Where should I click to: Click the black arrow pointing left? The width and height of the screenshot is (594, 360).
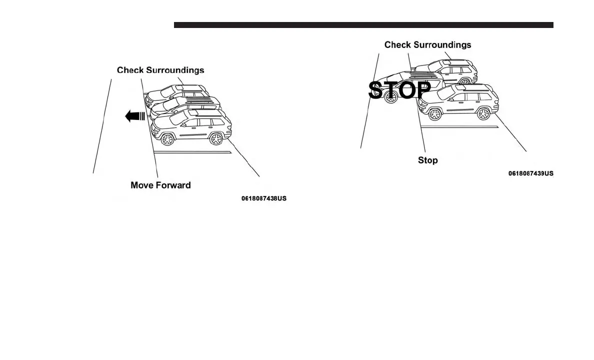coord(134,116)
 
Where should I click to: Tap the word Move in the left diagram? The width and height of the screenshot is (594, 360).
coord(141,185)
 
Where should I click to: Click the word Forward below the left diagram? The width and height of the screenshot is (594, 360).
coord(173,185)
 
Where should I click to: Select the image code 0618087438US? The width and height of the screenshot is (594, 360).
coord(264,198)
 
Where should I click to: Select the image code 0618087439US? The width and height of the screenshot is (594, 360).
coord(530,173)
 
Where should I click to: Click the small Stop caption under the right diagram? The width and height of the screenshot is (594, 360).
coord(427,160)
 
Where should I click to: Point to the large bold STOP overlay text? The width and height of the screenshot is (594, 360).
coord(399,90)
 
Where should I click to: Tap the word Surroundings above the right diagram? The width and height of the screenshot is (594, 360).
coord(442,44)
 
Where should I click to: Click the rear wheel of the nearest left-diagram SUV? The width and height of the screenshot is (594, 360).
coord(216,138)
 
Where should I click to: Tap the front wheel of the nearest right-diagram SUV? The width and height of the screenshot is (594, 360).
coord(434,113)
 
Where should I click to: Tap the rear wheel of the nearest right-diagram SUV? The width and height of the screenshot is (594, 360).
coord(483,113)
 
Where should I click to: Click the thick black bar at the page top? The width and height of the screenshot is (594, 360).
coord(363,24)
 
